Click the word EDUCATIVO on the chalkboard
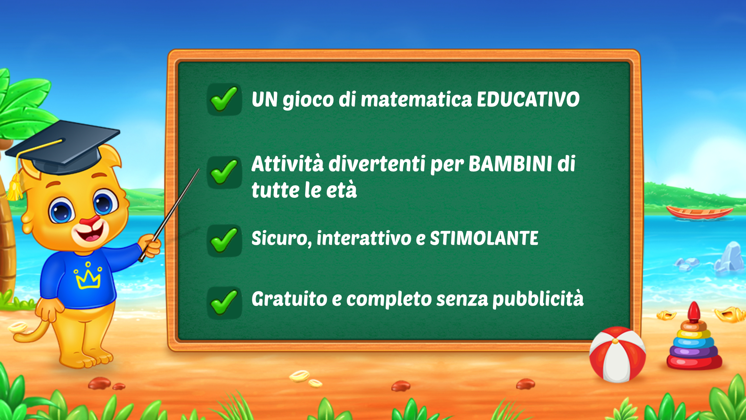pos(528,99)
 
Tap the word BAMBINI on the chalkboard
pos(511,164)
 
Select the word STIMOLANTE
pos(484,238)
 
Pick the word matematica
pos(416,99)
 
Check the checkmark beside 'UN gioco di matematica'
pos(224,99)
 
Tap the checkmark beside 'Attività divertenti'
pos(224,172)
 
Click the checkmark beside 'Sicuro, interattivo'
pos(224,240)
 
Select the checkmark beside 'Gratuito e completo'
pos(224,302)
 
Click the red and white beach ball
pos(617,354)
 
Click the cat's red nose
pos(91,221)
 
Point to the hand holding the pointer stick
pos(150,246)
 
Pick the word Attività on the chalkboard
pos(288,164)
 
